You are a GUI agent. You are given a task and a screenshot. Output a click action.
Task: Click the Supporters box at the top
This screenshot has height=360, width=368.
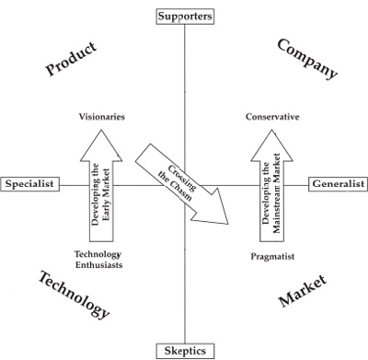click(185, 17)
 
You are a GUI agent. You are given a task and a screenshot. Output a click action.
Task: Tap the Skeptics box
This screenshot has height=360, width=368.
click(185, 351)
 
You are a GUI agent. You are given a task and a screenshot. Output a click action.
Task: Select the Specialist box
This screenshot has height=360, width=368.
click(29, 184)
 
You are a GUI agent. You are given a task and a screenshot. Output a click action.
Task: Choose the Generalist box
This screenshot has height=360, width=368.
click(339, 184)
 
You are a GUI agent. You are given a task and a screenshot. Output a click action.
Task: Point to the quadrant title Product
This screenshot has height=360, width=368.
click(71, 59)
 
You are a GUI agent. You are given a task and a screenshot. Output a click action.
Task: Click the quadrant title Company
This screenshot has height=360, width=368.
click(307, 59)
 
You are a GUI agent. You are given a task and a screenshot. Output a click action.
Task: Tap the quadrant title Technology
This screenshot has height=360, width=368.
click(74, 295)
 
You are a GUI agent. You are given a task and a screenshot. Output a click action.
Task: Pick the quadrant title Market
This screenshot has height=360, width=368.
click(303, 291)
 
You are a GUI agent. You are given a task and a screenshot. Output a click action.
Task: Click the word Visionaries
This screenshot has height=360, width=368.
click(102, 117)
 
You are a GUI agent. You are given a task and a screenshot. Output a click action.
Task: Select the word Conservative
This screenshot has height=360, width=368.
click(272, 117)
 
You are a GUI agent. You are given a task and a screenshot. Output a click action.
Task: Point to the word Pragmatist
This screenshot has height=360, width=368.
click(272, 256)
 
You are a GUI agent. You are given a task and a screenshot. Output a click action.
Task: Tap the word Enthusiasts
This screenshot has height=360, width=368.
click(99, 265)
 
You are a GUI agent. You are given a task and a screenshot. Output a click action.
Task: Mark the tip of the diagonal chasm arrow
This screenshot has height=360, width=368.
click(228, 224)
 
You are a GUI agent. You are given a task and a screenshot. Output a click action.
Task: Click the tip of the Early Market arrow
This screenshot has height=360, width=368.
click(101, 130)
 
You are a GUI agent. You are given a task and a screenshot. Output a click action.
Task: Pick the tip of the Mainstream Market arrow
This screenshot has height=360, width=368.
click(271, 130)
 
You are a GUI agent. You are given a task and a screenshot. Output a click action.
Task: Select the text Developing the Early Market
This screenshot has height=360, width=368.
click(100, 194)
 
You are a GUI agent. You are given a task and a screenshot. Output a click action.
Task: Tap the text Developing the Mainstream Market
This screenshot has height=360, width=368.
click(271, 192)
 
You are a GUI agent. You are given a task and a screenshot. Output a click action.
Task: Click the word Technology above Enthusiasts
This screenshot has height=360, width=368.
click(98, 255)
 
